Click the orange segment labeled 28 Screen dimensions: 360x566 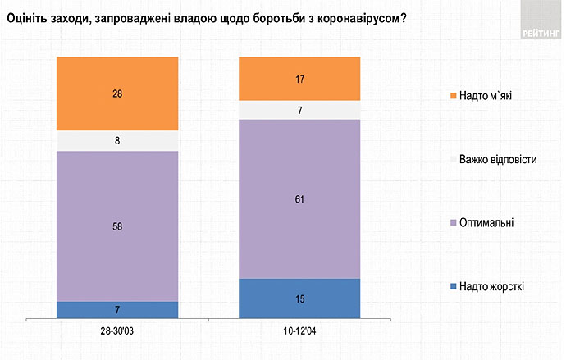(116, 93)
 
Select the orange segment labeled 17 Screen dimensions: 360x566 (299, 79)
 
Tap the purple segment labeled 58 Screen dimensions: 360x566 (116, 226)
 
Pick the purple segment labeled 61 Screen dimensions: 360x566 (299, 198)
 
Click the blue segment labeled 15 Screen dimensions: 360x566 (299, 298)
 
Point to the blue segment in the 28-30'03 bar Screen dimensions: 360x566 (116, 309)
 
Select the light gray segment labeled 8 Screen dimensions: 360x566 (116, 141)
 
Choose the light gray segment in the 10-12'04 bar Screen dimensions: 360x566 (299, 110)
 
